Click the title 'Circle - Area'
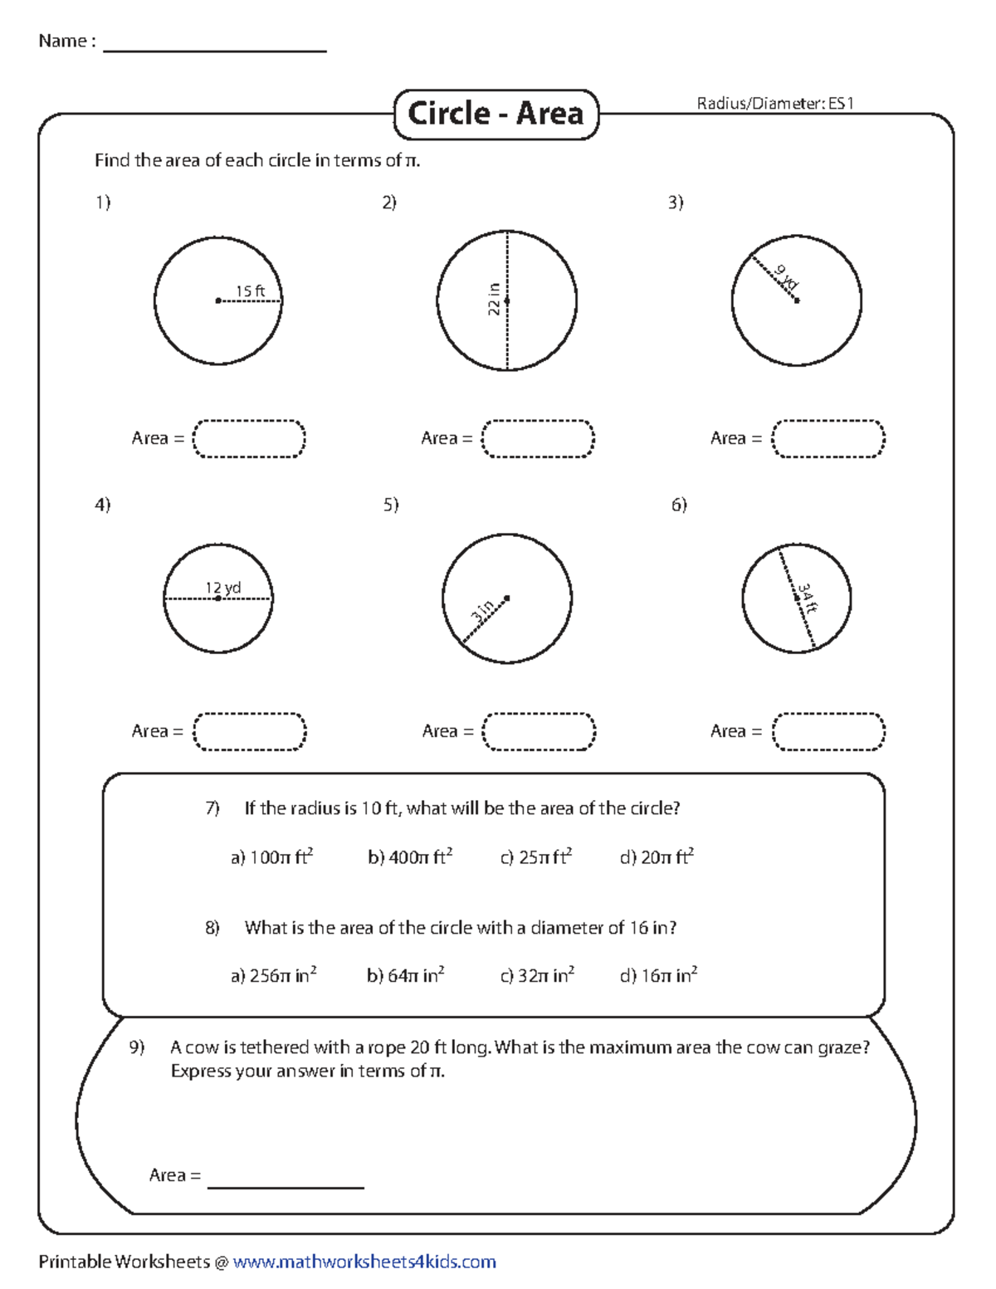pyautogui.click(x=496, y=114)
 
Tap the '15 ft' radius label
pyautogui.click(x=250, y=291)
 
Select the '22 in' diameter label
pyautogui.click(x=494, y=300)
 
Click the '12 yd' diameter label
pyautogui.click(x=222, y=588)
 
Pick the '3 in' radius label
pyautogui.click(x=482, y=612)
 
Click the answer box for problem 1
pyautogui.click(x=249, y=438)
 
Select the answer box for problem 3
pyautogui.click(x=828, y=438)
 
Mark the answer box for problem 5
pyautogui.click(x=539, y=731)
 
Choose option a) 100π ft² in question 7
pyautogui.click(x=271, y=857)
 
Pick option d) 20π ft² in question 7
pyautogui.click(x=657, y=857)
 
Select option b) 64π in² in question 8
pyautogui.click(x=406, y=975)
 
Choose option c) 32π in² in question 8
pyautogui.click(x=537, y=975)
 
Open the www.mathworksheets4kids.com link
pyautogui.click(x=364, y=1262)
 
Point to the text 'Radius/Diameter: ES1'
pyautogui.click(x=775, y=104)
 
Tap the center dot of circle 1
pyautogui.click(x=218, y=300)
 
